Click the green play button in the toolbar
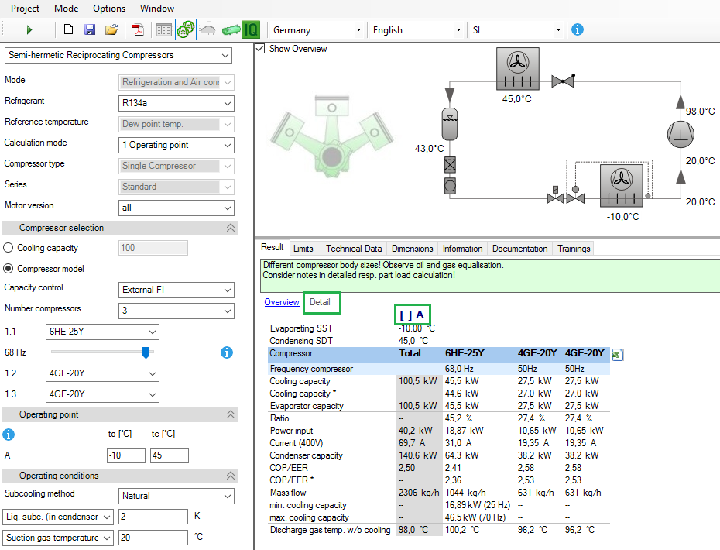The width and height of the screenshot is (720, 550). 29,30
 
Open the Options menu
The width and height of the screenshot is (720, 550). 108,9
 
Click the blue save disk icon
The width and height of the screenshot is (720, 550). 90,30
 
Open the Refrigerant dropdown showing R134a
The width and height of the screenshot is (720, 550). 177,103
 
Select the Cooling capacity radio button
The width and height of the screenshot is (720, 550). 9,248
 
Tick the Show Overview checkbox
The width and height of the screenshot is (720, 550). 262,49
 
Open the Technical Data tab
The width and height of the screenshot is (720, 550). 353,249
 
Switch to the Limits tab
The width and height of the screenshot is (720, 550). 303,249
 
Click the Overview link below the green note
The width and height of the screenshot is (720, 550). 282,302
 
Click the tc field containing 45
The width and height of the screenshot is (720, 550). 169,455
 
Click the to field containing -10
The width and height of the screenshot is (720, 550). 125,455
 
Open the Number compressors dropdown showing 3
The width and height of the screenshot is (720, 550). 177,311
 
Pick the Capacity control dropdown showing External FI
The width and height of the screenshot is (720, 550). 177,290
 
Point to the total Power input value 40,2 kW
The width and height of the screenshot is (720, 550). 418,431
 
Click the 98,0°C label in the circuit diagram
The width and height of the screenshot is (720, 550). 700,112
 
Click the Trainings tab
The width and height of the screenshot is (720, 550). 574,249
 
